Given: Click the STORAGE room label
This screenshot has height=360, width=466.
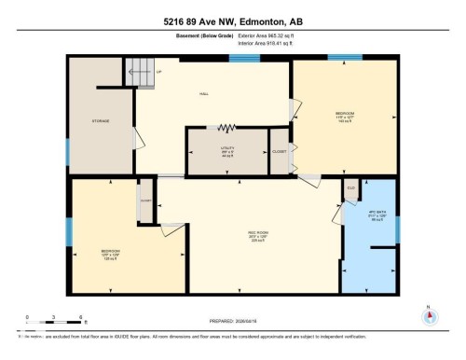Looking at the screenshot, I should [102, 120].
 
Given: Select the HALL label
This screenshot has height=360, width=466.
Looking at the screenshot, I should [204, 94].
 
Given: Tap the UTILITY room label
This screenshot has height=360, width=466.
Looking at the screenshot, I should [226, 151].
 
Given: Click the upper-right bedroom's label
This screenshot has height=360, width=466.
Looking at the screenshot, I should [344, 116].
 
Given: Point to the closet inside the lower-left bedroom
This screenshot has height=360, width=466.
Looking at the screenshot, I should [146, 201].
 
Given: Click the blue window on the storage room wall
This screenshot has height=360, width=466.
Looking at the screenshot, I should [67, 151].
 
